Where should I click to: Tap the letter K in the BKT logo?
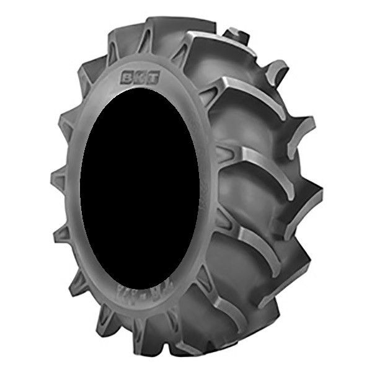coord(139,79)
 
